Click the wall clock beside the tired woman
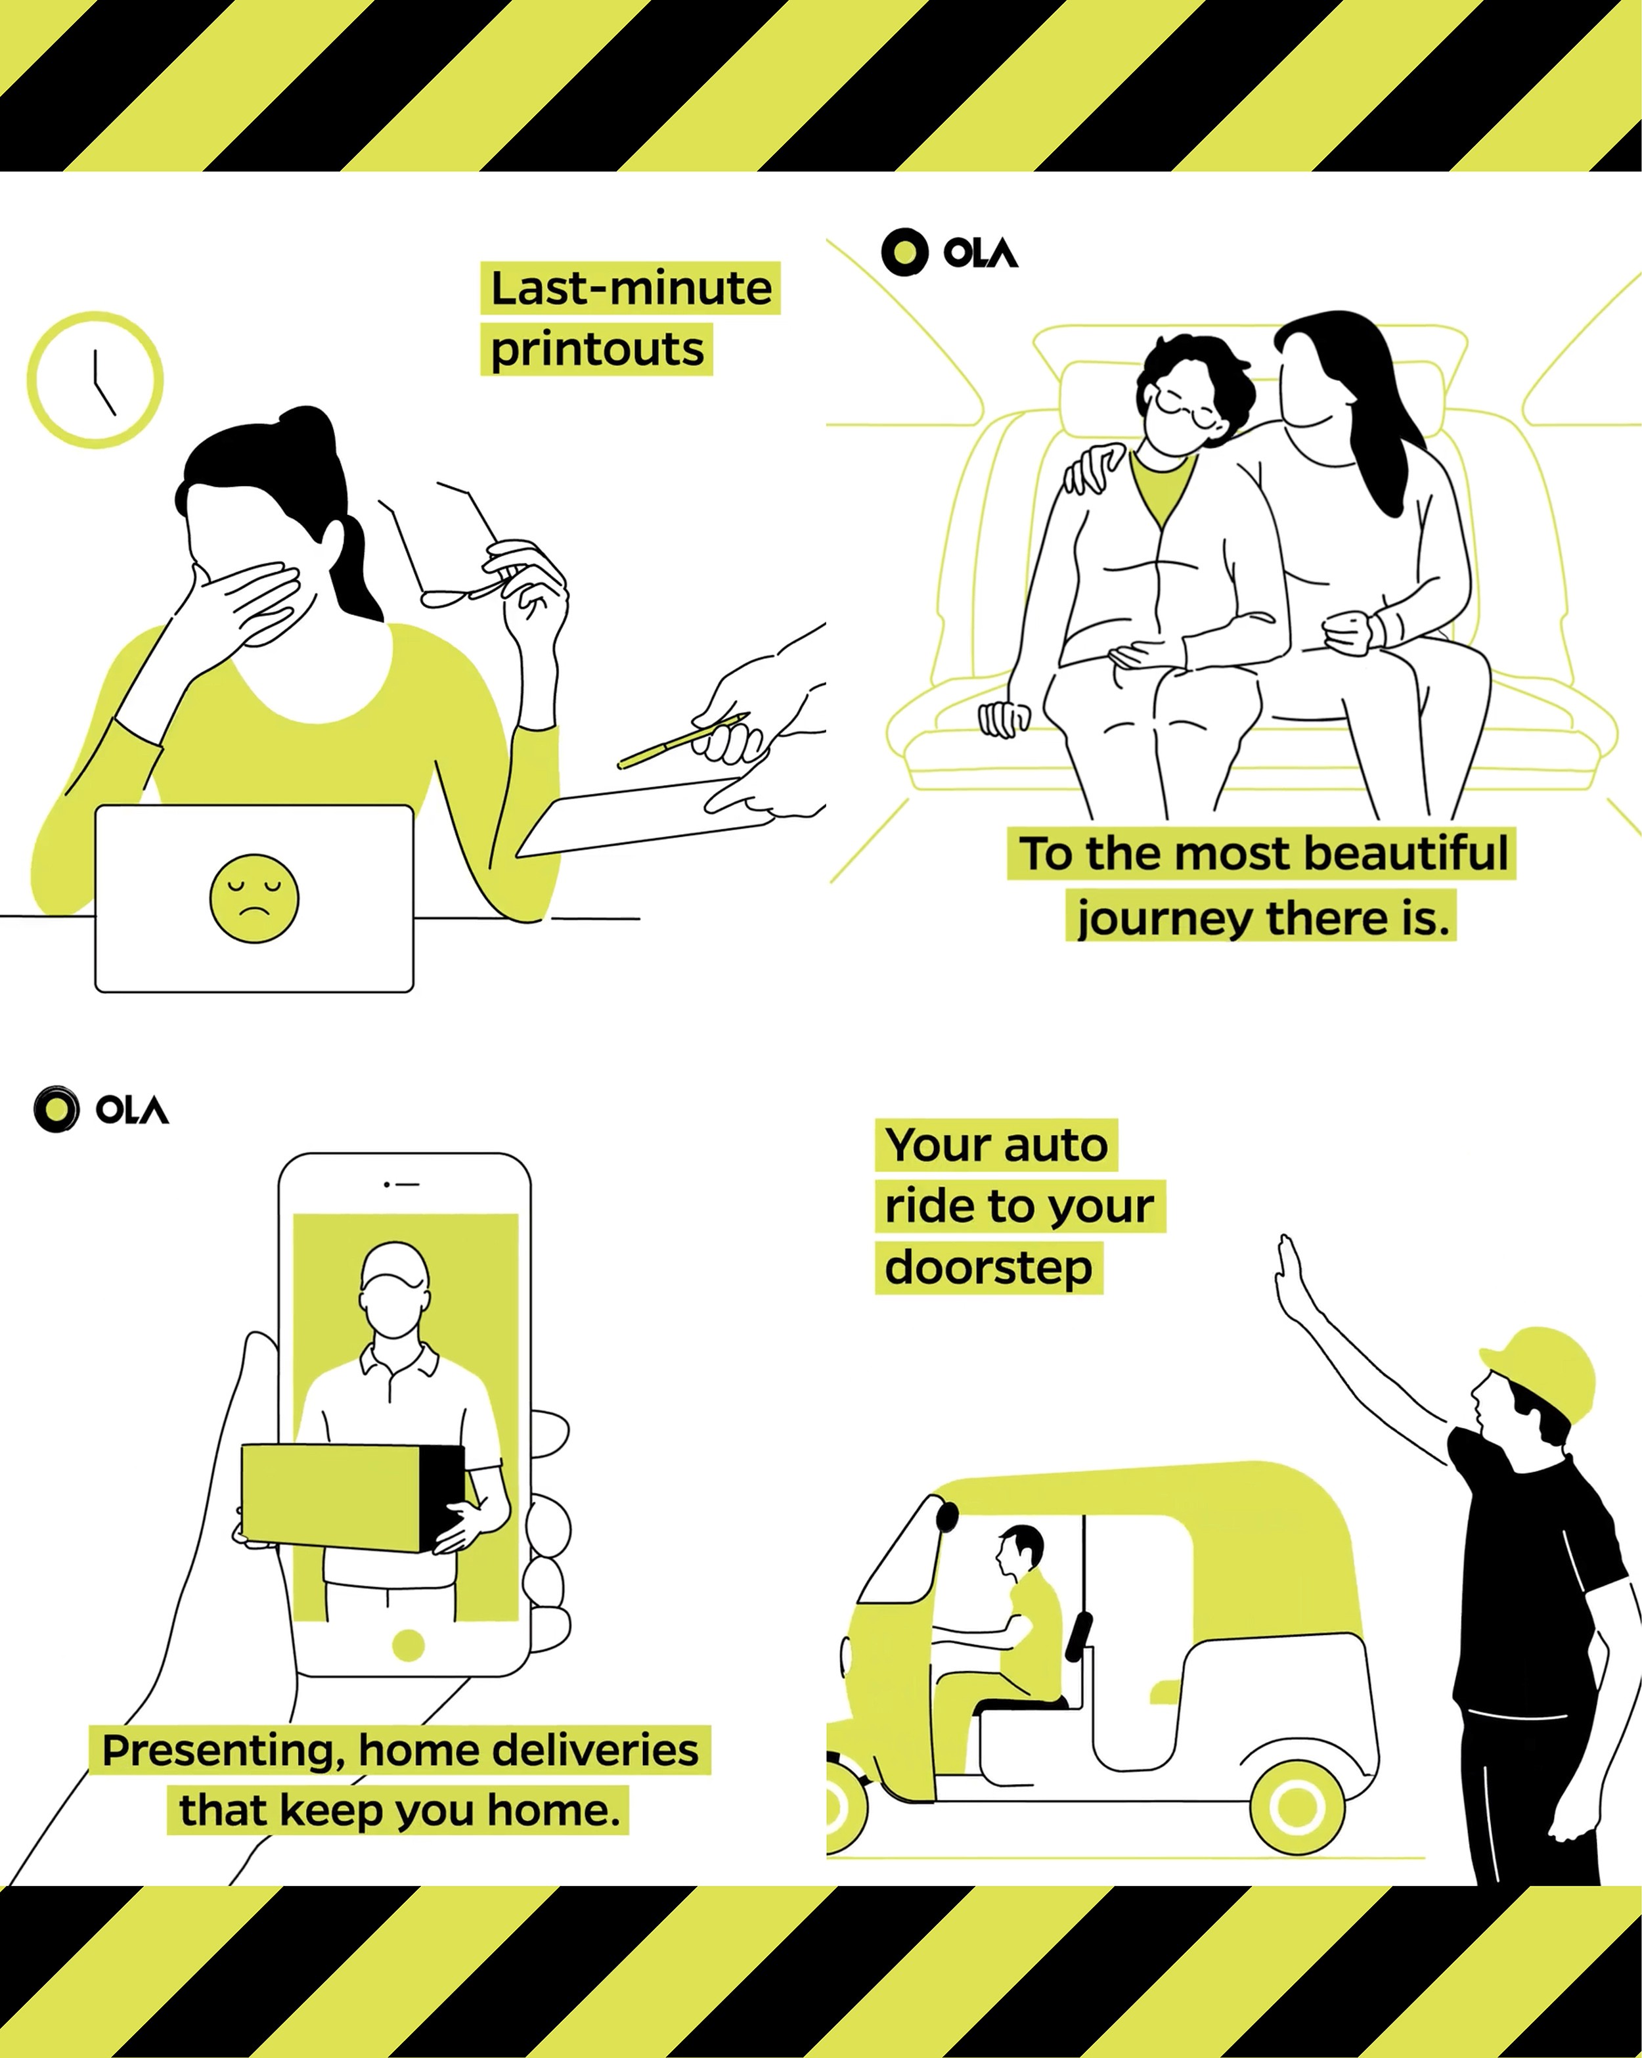tap(95, 379)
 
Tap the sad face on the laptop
tap(254, 898)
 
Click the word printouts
tap(596, 349)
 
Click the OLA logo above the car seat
tap(950, 252)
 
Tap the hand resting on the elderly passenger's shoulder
tap(1093, 468)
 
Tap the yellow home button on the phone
tap(408, 1645)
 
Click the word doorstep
tap(988, 1268)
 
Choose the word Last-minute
tap(630, 288)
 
